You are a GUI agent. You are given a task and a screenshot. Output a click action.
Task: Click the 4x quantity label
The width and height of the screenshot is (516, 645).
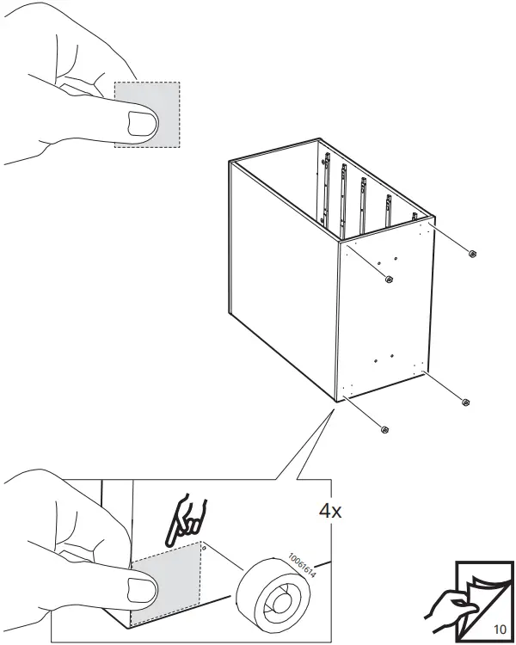click(x=330, y=510)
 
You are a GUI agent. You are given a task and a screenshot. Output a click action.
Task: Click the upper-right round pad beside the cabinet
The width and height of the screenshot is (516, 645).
click(x=472, y=252)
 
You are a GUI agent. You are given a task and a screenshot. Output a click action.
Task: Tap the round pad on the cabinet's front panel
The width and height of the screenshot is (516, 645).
click(x=389, y=278)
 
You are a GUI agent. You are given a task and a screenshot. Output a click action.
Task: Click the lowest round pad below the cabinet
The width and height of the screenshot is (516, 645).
click(x=384, y=429)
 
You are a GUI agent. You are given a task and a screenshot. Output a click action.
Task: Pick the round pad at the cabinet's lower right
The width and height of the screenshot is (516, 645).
click(x=466, y=402)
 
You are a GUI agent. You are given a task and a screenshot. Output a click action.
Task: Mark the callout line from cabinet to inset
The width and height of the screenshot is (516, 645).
click(x=305, y=444)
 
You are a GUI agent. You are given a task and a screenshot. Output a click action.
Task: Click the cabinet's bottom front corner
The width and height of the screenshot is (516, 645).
click(x=336, y=400)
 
